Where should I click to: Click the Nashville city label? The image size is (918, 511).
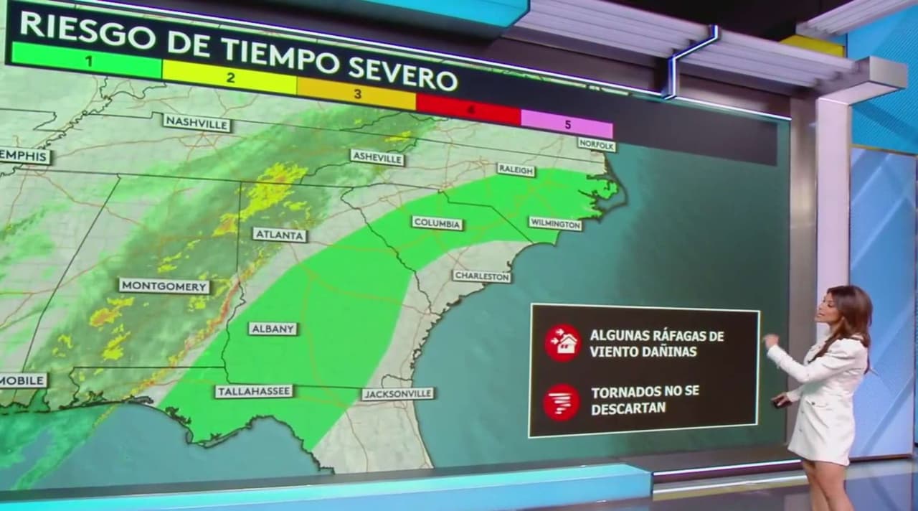(197, 123)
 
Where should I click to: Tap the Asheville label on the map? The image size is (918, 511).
(377, 158)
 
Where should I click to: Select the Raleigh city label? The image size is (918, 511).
(516, 170)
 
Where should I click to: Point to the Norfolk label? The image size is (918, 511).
(596, 145)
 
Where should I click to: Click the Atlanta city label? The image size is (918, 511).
(280, 235)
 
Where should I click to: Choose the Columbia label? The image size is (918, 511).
(437, 223)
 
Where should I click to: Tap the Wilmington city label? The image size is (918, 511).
(555, 224)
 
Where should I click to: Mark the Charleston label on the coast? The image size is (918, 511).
(482, 276)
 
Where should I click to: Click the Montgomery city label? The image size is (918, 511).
(164, 286)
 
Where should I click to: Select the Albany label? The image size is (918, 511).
(273, 329)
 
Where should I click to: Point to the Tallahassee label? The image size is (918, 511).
(254, 391)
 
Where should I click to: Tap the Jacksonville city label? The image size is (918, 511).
(397, 394)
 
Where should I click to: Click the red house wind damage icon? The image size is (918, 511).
(562, 342)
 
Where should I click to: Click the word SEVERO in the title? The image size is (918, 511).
(403, 75)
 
